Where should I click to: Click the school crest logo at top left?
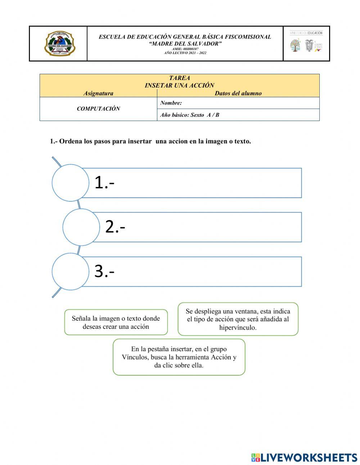pyautogui.click(x=59, y=44)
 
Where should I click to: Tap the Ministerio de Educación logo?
pyautogui.click(x=306, y=43)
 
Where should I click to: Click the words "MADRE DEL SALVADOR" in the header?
pyautogui.click(x=185, y=44)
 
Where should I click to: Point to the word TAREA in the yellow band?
pyautogui.click(x=179, y=78)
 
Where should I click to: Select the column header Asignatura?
pyautogui.click(x=98, y=93)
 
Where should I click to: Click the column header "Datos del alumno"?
pyautogui.click(x=238, y=93)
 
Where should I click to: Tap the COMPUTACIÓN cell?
pyautogui.click(x=98, y=109)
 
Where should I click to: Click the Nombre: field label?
pyautogui.click(x=171, y=103)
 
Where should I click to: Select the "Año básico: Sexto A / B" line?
pyautogui.click(x=189, y=115)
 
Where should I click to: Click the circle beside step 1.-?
pyautogui.click(x=70, y=183)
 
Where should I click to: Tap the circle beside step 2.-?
pyautogui.click(x=81, y=227)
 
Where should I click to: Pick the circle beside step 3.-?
pyautogui.click(x=70, y=271)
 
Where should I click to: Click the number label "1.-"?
pyautogui.click(x=104, y=183)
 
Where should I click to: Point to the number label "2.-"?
pyautogui.click(x=115, y=227)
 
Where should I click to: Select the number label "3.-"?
pyautogui.click(x=104, y=271)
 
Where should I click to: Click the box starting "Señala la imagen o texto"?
pyautogui.click(x=116, y=322)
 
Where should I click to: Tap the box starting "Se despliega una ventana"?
pyautogui.click(x=238, y=319)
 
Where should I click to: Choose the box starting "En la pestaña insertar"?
pyautogui.click(x=179, y=357)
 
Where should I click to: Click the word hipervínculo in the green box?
pyautogui.click(x=238, y=328)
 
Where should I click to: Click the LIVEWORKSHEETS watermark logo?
pyautogui.click(x=304, y=457)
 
